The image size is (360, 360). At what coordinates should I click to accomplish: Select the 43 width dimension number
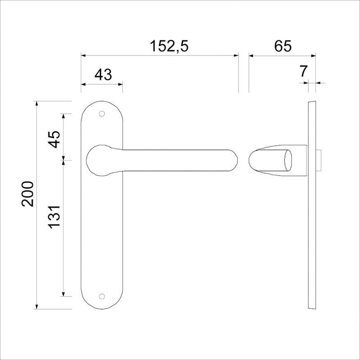click(x=103, y=74)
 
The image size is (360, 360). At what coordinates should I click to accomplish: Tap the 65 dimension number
click(x=283, y=46)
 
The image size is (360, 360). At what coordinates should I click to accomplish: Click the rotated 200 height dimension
click(x=28, y=193)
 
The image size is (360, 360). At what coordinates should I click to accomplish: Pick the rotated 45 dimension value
click(x=54, y=139)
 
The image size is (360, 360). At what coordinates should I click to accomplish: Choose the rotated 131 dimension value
click(x=54, y=219)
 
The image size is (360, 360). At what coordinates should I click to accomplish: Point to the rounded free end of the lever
click(x=232, y=160)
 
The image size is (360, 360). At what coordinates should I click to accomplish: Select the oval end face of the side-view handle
click(x=288, y=160)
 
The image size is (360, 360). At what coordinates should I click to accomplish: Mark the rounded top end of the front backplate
click(x=103, y=104)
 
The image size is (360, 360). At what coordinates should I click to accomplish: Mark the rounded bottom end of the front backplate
click(x=103, y=305)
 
